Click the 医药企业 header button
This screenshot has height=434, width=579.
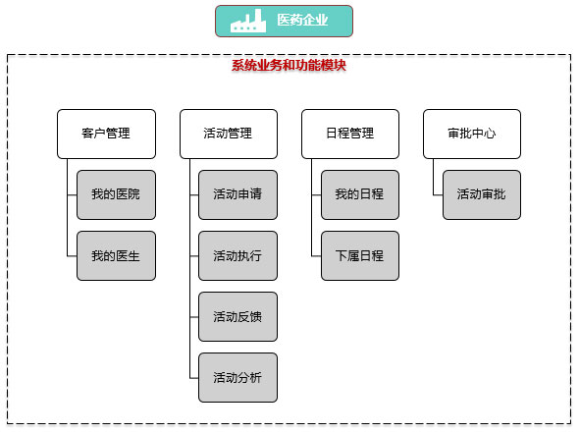(284, 21)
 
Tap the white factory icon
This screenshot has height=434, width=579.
(248, 21)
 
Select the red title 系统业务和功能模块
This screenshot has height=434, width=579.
(289, 66)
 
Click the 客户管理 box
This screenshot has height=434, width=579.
(106, 134)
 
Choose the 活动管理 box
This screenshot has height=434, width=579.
(229, 134)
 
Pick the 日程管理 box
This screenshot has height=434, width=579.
(350, 134)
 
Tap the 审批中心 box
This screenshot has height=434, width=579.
(472, 134)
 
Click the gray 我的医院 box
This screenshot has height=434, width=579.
(117, 194)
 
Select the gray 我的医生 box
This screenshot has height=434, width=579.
(117, 255)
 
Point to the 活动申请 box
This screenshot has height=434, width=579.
(237, 194)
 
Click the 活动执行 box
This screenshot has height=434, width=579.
(237, 255)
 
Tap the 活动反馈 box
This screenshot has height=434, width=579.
(237, 316)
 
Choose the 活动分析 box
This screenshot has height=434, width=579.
(237, 377)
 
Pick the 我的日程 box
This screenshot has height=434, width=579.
(360, 194)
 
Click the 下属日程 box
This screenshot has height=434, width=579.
(360, 255)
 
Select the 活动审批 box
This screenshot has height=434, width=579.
(482, 194)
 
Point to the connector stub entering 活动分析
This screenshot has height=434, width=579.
(194, 378)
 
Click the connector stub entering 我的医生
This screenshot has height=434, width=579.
(72, 255)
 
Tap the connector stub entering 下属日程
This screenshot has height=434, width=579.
(316, 255)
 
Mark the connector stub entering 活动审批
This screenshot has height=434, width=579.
(439, 194)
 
